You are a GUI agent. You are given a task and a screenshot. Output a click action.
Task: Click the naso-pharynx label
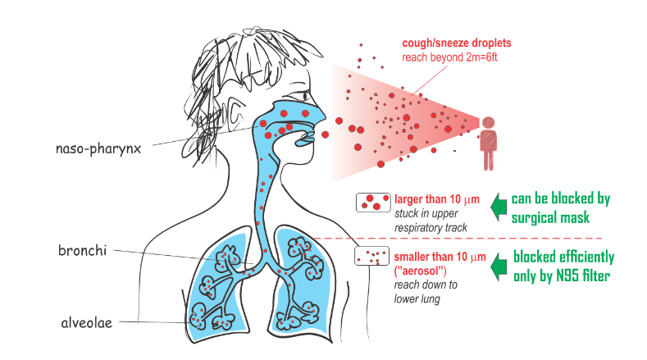click(98, 148)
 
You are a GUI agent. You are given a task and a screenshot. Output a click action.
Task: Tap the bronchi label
click(83, 251)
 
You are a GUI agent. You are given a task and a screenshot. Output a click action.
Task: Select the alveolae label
click(87, 322)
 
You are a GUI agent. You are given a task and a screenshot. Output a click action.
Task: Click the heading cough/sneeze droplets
click(457, 43)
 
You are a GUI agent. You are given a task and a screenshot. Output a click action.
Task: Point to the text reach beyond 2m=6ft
click(449, 57)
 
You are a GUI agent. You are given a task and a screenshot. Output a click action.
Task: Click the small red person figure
click(488, 144)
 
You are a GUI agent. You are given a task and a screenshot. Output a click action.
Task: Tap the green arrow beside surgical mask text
click(499, 207)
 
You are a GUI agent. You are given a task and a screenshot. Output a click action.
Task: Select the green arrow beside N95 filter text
click(499, 267)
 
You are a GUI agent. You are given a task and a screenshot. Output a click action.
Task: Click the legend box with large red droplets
click(373, 203)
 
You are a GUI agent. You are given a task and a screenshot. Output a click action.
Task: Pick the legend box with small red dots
click(371, 256)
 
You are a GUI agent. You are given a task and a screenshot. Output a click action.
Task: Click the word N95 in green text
click(567, 276)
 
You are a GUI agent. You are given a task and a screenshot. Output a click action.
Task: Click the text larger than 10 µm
click(437, 199)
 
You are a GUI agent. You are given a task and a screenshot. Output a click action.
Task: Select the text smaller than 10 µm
click(440, 257)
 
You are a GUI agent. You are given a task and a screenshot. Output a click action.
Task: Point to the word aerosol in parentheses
click(421, 271)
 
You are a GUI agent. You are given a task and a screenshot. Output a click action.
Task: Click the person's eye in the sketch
click(305, 95)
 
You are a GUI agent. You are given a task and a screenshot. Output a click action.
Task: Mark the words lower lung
click(417, 298)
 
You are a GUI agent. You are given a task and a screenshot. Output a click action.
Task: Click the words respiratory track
click(431, 228)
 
